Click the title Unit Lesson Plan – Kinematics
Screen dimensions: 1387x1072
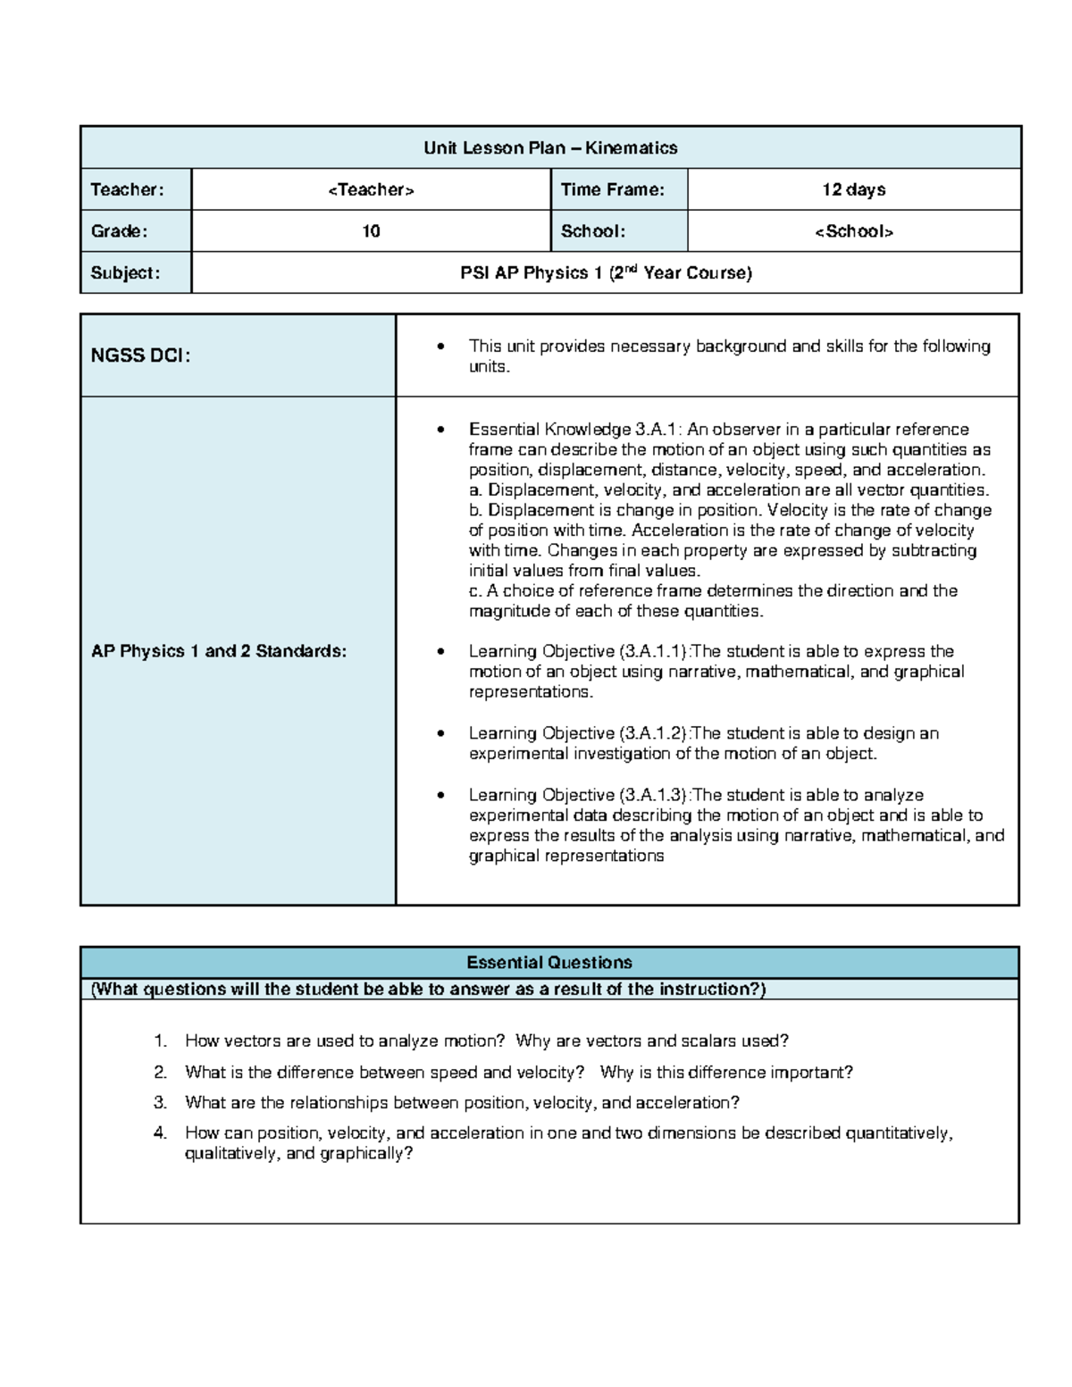550,148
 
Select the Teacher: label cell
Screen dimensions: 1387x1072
127,189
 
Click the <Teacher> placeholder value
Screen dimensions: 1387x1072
371,189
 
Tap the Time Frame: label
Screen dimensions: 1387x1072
613,189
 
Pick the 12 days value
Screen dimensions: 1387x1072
854,189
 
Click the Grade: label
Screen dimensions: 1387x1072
119,231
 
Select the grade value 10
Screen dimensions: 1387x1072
371,231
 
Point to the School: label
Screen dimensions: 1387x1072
593,231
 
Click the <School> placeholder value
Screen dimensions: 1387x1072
854,231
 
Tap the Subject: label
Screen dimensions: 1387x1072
125,273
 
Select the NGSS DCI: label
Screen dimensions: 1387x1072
140,355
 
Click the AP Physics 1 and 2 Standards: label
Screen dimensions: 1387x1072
219,651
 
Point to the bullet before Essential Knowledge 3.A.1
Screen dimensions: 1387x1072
440,430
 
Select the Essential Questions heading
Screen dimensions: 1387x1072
549,963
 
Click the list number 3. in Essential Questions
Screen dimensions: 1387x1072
161,1103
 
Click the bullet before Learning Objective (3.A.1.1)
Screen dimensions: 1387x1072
440,652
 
